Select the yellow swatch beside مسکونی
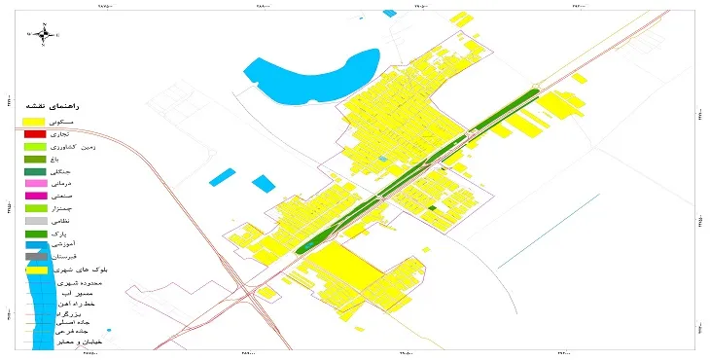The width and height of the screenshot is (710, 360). (35, 121)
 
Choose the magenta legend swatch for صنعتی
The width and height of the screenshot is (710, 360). (35, 197)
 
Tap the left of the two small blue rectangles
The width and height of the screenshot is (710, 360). (222, 177)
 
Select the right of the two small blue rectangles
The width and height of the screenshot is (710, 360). (263, 182)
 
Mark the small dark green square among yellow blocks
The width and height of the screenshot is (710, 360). (431, 207)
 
